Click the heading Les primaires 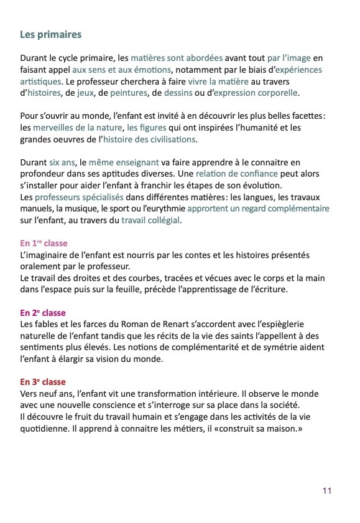click(51, 34)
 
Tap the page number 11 click(327, 491)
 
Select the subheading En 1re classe click(44, 243)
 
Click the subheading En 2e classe click(43, 312)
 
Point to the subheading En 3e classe click(43, 381)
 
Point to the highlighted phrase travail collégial click(152, 220)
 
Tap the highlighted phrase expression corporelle click(256, 93)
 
